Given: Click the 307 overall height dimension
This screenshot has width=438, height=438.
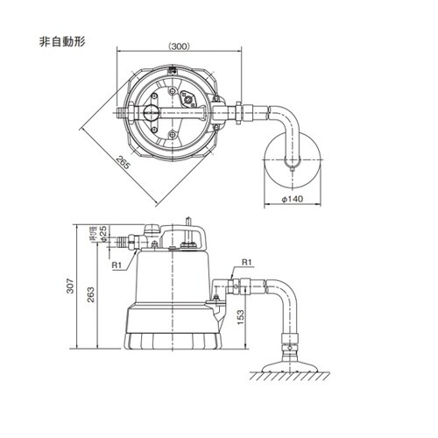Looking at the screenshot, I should click(x=79, y=287).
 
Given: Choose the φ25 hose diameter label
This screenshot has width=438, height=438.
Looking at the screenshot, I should click(x=103, y=235).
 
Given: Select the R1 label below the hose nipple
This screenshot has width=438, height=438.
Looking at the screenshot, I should click(x=116, y=264).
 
